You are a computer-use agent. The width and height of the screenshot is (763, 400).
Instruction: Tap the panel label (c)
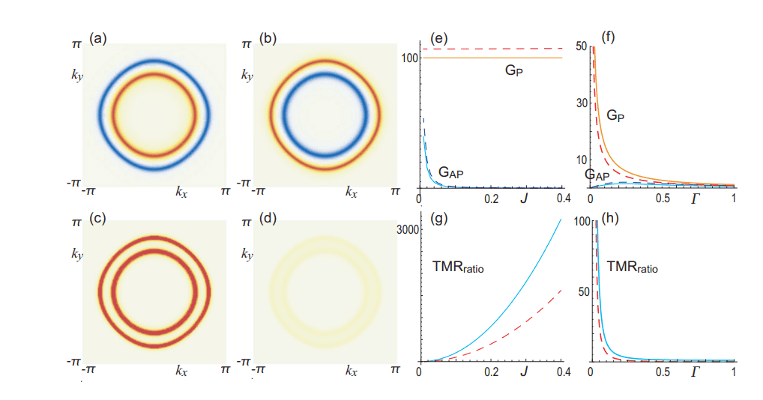click(x=97, y=219)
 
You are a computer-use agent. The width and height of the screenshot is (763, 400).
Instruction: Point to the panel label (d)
click(x=266, y=219)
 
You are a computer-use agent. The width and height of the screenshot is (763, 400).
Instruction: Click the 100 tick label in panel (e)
click(x=408, y=58)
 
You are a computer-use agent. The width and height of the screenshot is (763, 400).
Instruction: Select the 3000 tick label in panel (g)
click(x=405, y=231)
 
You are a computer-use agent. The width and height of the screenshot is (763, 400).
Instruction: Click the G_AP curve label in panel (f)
click(x=597, y=175)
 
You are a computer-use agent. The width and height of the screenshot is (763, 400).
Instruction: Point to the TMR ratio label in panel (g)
click(x=459, y=267)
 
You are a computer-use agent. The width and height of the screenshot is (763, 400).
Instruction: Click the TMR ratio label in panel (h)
click(x=632, y=267)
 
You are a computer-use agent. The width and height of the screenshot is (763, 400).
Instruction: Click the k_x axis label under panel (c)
click(x=181, y=371)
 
